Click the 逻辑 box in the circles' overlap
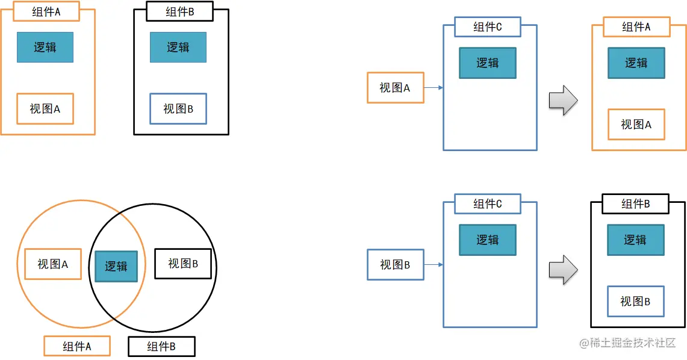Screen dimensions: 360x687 pos(116,266)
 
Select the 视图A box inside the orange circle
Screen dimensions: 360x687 pos(53,264)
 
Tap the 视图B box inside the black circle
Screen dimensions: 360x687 pos(183,264)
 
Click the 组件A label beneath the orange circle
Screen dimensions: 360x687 pos(77,346)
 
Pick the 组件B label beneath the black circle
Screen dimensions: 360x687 pos(161,346)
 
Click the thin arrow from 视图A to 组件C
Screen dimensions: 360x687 pos(434,88)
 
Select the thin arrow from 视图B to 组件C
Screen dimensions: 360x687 pos(434,265)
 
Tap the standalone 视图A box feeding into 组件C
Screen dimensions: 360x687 pos(396,88)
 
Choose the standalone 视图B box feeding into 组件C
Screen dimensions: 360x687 pos(396,265)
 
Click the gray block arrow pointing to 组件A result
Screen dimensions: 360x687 pos(563,100)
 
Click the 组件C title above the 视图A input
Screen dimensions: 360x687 pos(487,27)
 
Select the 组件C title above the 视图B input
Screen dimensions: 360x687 pos(487,204)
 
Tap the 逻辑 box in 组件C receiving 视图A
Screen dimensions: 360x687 pos(488,63)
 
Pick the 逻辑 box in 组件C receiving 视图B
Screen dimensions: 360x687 pos(488,240)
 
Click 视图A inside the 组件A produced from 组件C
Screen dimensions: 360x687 pos(636,125)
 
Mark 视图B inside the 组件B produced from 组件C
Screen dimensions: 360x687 pos(635,302)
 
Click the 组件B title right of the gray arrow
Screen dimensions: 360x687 pos(636,204)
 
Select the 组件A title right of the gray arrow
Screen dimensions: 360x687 pos(636,27)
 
